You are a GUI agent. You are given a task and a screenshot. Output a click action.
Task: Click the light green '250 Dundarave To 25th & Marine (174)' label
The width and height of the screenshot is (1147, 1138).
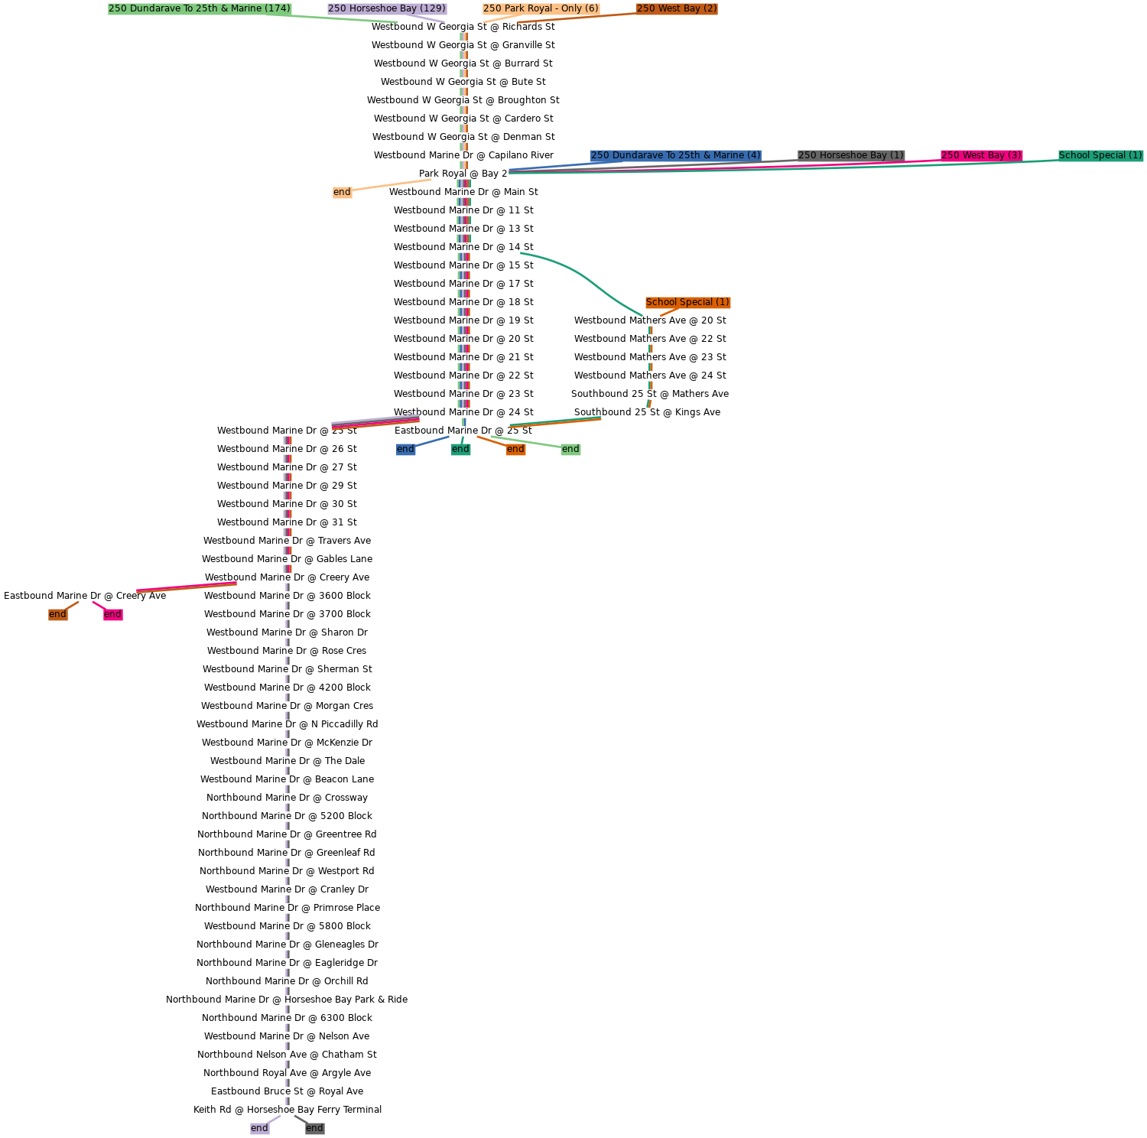point(200,8)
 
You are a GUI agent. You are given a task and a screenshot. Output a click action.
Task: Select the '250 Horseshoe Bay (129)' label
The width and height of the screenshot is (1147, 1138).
point(387,8)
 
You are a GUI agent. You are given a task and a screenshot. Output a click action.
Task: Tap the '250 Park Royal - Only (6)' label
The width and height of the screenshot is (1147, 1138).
point(541,8)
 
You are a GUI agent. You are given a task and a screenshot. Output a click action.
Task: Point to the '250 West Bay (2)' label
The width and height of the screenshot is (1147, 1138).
point(677,8)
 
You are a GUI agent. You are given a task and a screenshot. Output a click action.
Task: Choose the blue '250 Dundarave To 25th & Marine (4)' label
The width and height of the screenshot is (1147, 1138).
point(675,155)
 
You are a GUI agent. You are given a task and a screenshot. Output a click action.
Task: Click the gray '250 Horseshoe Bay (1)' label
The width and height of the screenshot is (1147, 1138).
point(850,155)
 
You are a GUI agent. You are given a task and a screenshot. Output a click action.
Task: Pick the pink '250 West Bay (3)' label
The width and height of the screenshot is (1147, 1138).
point(981,155)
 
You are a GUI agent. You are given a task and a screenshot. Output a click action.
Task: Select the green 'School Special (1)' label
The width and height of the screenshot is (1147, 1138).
point(1100,155)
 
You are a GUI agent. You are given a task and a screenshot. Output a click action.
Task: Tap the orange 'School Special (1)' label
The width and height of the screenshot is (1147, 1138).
point(687,302)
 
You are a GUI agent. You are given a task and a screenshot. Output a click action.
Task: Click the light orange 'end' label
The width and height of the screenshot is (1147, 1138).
point(342,192)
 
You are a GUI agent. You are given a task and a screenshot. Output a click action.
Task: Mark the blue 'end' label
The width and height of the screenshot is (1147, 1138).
point(405,449)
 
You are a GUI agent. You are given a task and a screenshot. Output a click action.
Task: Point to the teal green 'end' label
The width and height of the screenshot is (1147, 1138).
point(460,449)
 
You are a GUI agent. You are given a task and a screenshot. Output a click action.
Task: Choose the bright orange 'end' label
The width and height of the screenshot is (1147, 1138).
point(515,449)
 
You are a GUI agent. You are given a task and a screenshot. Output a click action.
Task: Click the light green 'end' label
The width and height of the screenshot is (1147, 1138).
point(570,449)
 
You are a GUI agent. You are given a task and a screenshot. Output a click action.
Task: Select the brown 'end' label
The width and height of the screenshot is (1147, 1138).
point(57,614)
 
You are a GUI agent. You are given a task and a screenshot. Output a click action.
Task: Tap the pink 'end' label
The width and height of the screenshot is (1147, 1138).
point(112,614)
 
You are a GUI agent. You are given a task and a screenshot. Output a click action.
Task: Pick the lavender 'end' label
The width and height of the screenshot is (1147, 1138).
point(259,1128)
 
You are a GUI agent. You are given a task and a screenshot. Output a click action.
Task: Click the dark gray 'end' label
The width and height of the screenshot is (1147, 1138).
point(314,1128)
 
